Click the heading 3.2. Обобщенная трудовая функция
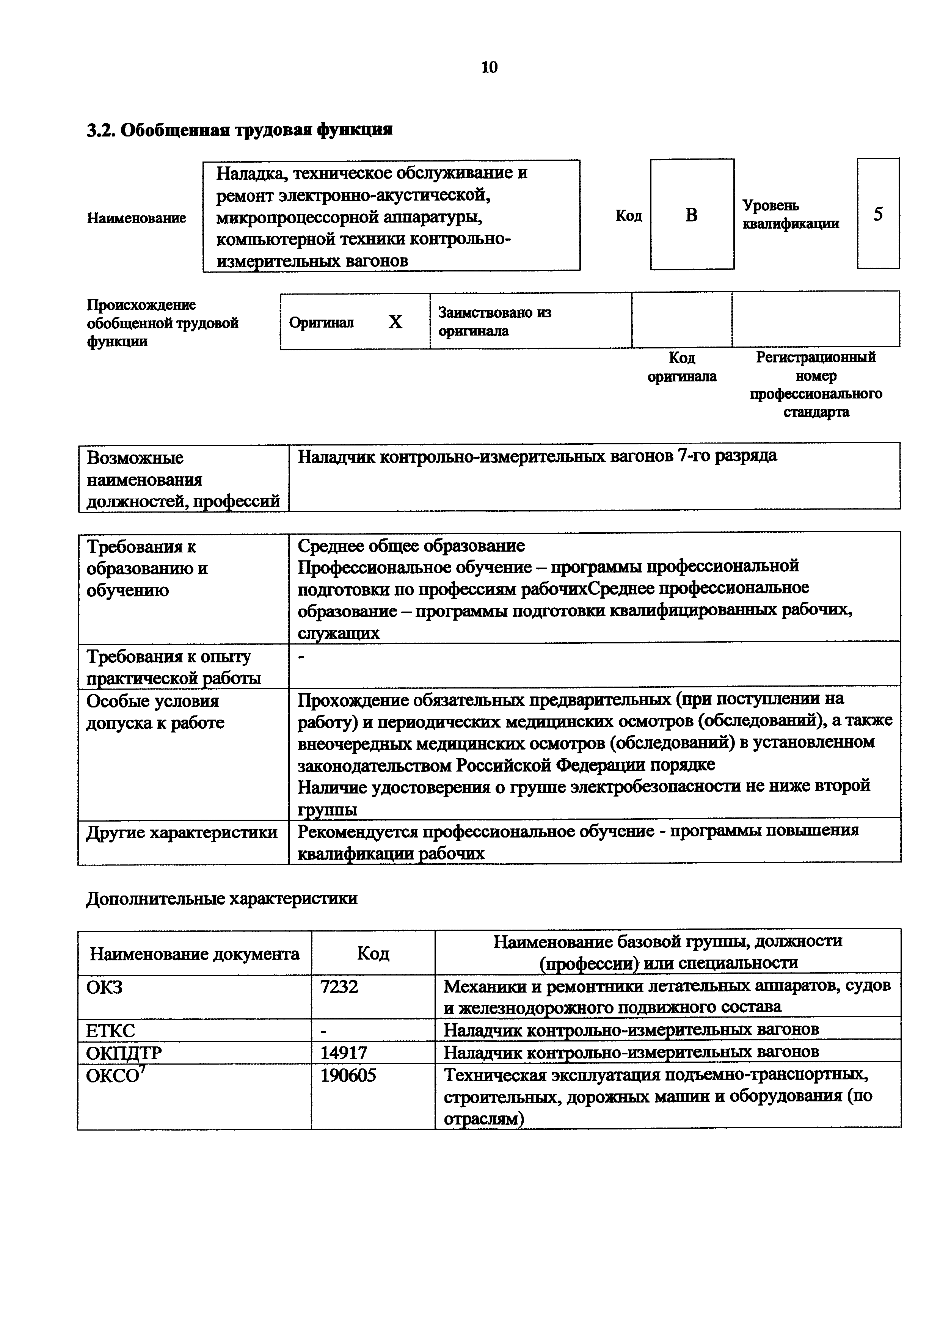point(239,130)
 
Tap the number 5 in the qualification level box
point(878,214)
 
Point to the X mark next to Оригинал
point(395,322)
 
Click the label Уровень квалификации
point(790,214)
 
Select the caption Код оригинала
point(682,367)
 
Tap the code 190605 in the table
point(348,1075)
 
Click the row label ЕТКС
point(111,1030)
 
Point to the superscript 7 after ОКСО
point(143,1068)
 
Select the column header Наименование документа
point(194,954)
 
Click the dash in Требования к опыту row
point(301,657)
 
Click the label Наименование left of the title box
point(137,218)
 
